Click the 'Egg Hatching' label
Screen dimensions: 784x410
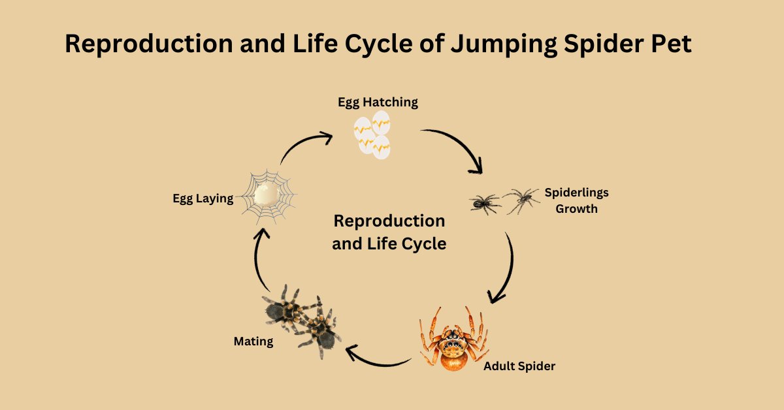[378, 102]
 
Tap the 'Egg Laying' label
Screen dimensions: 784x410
[203, 198]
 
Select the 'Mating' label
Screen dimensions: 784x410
[253, 341]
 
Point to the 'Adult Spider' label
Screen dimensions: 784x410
[519, 366]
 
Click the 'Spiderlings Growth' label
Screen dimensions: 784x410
[576, 201]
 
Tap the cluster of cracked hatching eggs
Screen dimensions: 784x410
[372, 134]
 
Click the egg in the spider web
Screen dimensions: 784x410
[267, 193]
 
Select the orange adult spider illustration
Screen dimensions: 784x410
[451, 339]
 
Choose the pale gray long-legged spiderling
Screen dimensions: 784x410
[521, 200]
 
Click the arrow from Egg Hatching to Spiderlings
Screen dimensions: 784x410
[456, 147]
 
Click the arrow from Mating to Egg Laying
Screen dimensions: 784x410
[257, 261]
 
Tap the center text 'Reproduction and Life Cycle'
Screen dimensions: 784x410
[389, 232]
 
